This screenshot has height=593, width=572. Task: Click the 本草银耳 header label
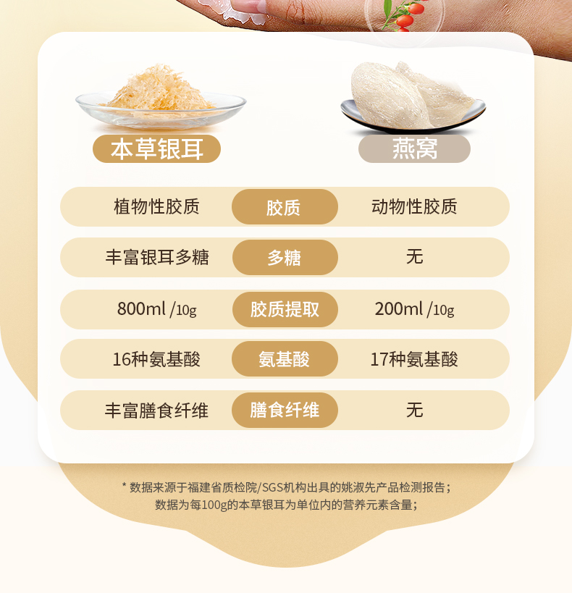pos(156,148)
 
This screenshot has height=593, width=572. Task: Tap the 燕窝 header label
pos(414,148)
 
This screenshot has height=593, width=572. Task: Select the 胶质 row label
pos(285,207)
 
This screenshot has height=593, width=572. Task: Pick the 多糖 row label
pos(285,258)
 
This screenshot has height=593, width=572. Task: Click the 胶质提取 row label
pos(285,309)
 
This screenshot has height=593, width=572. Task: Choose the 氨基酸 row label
pos(285,359)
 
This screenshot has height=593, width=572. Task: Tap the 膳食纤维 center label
pos(285,410)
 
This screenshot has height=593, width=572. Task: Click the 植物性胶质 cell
pos(156,206)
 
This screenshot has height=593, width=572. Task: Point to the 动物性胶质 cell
pos(414,206)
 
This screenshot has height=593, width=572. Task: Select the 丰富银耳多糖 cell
pos(156,257)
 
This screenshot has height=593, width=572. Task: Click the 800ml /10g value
pos(156,309)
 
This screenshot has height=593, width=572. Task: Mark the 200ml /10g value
pos(414,309)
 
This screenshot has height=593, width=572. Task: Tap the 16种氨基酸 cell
pos(156,359)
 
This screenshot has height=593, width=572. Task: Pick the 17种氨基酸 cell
pos(414,359)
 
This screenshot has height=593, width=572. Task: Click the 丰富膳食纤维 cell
pos(156,411)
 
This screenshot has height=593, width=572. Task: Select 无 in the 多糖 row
pos(415,257)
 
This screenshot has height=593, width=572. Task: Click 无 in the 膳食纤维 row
pos(415,410)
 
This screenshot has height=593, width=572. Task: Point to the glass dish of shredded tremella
pos(161,98)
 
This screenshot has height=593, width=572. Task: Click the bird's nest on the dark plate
pos(413,96)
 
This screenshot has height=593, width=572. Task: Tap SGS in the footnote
pos(272,487)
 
